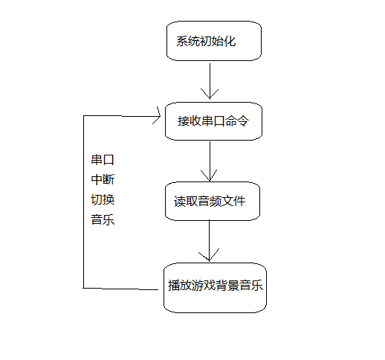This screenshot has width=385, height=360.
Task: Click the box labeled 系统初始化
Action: pos(213,42)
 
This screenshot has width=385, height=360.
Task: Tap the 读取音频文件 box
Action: pos(213,201)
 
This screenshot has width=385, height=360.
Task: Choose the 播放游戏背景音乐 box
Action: pos(215,286)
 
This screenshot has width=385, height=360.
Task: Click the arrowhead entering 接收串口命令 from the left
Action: pos(158,115)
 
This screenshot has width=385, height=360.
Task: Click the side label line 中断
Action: pos(103,180)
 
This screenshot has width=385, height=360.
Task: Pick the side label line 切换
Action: pos(103,200)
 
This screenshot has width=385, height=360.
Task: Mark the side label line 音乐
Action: pos(103,220)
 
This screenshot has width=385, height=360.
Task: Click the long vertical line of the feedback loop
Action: pos(83,201)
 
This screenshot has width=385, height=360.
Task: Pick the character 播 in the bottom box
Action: pos(174,286)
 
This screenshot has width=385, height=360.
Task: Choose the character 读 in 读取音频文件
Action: pos(181,202)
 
